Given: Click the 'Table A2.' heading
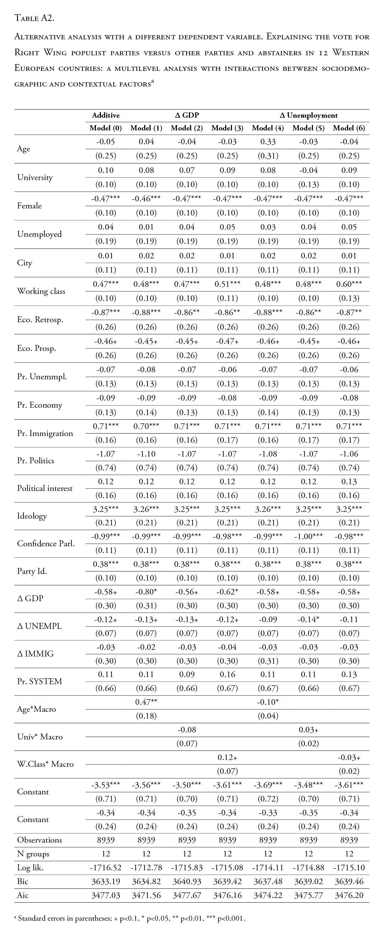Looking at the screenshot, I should click(34, 18).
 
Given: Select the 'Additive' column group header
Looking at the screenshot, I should click(106, 115).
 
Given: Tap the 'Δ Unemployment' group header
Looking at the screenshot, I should click(308, 115).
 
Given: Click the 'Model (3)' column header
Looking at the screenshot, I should click(227, 128).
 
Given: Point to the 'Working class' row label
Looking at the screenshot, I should click(41, 291).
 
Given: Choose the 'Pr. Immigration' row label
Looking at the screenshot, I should click(45, 433).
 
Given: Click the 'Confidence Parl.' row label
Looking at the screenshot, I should click(46, 543).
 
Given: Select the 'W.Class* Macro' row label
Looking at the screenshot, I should click(45, 764).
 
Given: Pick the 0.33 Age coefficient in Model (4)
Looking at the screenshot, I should click(268, 142).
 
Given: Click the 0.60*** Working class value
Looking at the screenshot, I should click(349, 284).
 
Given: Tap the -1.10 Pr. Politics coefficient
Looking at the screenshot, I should click(146, 454).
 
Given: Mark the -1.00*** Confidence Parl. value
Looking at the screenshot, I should click(308, 536).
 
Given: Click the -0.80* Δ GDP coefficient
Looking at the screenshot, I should click(146, 592).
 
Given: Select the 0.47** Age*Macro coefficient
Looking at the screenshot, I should click(146, 702).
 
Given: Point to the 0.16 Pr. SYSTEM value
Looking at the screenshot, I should click(227, 674).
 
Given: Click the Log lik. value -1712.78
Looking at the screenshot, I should click(146, 868).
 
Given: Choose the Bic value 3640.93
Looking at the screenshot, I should click(187, 881).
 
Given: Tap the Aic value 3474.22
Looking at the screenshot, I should click(268, 895).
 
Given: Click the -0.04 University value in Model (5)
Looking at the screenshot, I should click(308, 170).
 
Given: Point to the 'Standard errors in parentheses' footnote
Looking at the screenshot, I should click(129, 919).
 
